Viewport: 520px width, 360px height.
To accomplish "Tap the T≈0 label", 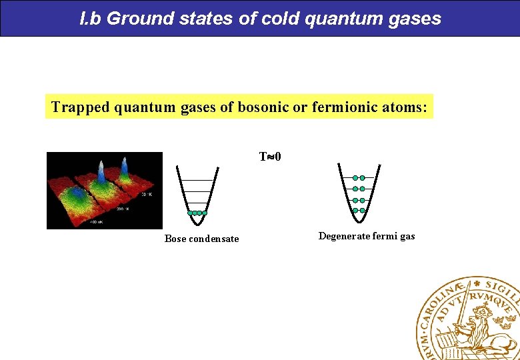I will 270,157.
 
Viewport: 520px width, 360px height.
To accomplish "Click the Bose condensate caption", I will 201,239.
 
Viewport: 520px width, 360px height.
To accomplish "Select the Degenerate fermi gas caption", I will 367,236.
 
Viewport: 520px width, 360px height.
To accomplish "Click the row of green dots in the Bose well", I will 197,213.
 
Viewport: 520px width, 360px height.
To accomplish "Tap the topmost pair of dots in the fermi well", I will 359,178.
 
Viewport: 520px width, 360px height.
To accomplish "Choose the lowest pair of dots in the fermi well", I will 359,211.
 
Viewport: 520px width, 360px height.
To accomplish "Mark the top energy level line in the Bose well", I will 197,181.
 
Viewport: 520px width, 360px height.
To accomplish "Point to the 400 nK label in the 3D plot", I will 96,222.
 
